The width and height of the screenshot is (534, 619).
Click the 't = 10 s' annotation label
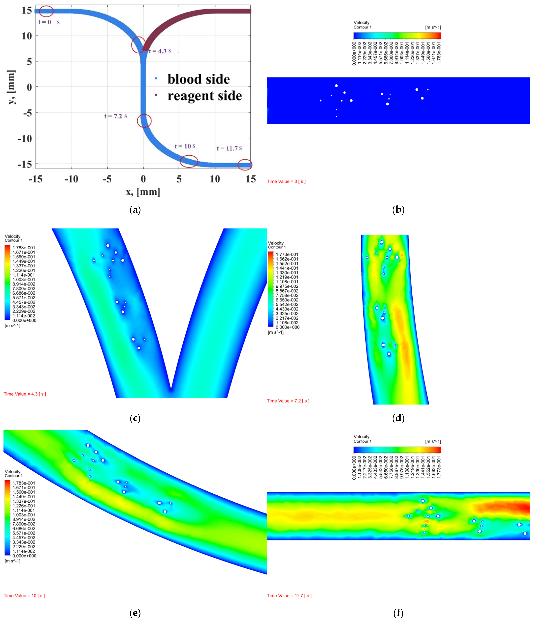185,146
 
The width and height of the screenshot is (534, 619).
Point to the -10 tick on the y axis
25,139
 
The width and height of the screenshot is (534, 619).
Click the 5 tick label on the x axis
179,179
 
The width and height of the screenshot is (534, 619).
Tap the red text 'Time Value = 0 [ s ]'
286,181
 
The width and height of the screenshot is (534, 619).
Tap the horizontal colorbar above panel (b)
397,36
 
